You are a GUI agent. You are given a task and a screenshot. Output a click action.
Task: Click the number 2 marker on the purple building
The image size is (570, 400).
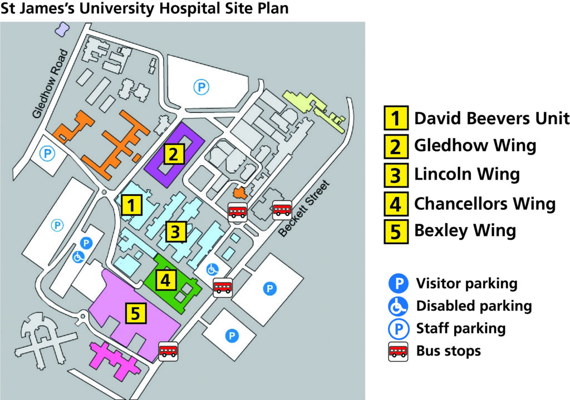(x=174, y=153)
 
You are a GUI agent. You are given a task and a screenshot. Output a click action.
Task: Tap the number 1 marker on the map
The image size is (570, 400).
(x=131, y=205)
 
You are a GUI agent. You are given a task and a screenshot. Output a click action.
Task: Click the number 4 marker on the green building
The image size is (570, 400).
(x=165, y=280)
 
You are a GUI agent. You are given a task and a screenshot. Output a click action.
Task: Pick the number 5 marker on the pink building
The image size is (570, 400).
(x=136, y=313)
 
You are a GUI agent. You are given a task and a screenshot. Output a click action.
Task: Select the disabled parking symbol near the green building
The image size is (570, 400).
(x=212, y=269)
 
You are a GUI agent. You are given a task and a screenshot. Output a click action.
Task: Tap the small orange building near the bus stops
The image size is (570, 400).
(x=240, y=192)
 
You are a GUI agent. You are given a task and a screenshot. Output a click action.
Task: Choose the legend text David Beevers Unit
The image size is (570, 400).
(x=492, y=118)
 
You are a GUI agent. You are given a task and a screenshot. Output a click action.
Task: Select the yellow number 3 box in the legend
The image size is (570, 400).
(x=395, y=175)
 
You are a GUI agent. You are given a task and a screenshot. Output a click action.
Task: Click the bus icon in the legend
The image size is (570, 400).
(x=398, y=352)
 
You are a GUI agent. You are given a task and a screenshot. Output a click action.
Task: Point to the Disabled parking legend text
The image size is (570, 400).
(x=474, y=306)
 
